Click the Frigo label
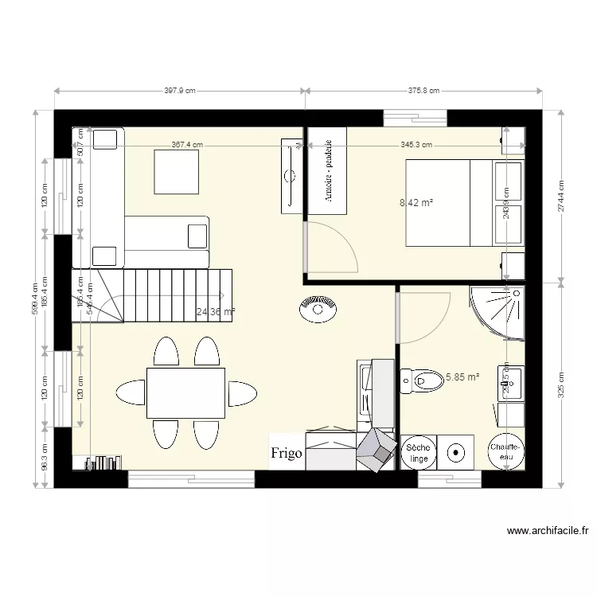[286, 454]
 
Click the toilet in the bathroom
[422, 380]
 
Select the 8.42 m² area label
[416, 203]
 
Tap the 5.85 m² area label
[462, 377]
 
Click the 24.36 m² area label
[215, 313]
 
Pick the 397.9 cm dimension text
[180, 92]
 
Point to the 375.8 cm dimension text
[423, 92]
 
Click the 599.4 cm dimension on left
[34, 299]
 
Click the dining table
[185, 392]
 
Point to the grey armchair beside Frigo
[376, 451]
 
